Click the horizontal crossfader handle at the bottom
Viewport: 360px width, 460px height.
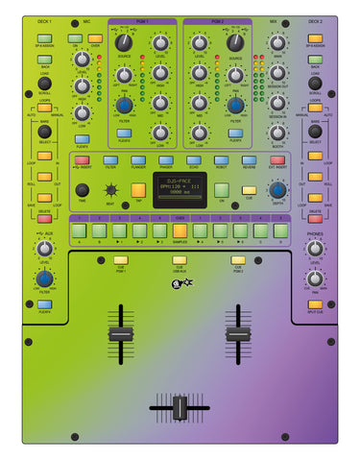tap(180, 407)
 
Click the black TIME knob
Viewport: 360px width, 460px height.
tap(82, 189)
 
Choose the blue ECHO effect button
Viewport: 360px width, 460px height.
tap(194, 160)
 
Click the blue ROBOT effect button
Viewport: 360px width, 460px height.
tap(222, 160)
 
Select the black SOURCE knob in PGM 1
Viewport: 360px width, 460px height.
tap(124, 41)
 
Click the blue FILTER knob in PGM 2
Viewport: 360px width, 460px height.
tap(235, 105)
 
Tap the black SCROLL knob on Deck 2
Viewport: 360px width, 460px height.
tap(315, 84)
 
